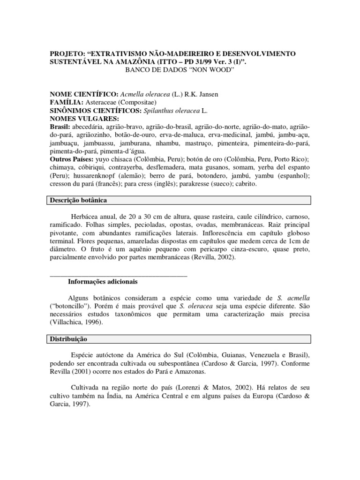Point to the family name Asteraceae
102,103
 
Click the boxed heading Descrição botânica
79,201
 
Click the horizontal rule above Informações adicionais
118,276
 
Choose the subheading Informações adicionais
103,282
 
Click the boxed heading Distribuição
69,338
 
